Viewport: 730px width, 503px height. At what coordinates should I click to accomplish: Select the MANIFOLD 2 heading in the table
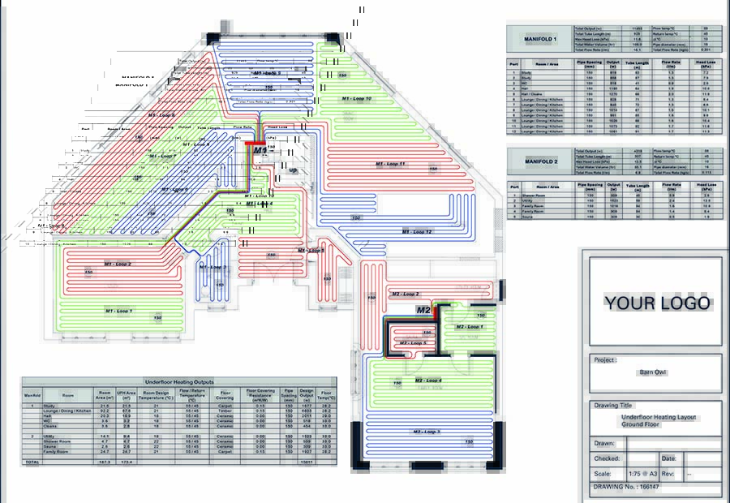(x=537, y=161)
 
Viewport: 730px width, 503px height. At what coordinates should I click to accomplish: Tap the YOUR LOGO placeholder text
(x=658, y=303)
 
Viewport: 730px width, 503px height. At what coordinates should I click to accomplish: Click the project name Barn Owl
(x=653, y=372)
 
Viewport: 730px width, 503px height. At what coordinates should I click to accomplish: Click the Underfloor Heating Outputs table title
(x=178, y=380)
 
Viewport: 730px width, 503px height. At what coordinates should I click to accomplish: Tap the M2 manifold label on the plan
(x=424, y=310)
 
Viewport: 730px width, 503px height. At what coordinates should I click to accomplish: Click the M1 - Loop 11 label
(x=390, y=164)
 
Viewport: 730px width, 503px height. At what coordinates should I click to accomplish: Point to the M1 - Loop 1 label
(x=118, y=311)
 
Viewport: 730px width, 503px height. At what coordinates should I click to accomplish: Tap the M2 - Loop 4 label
(x=428, y=380)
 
